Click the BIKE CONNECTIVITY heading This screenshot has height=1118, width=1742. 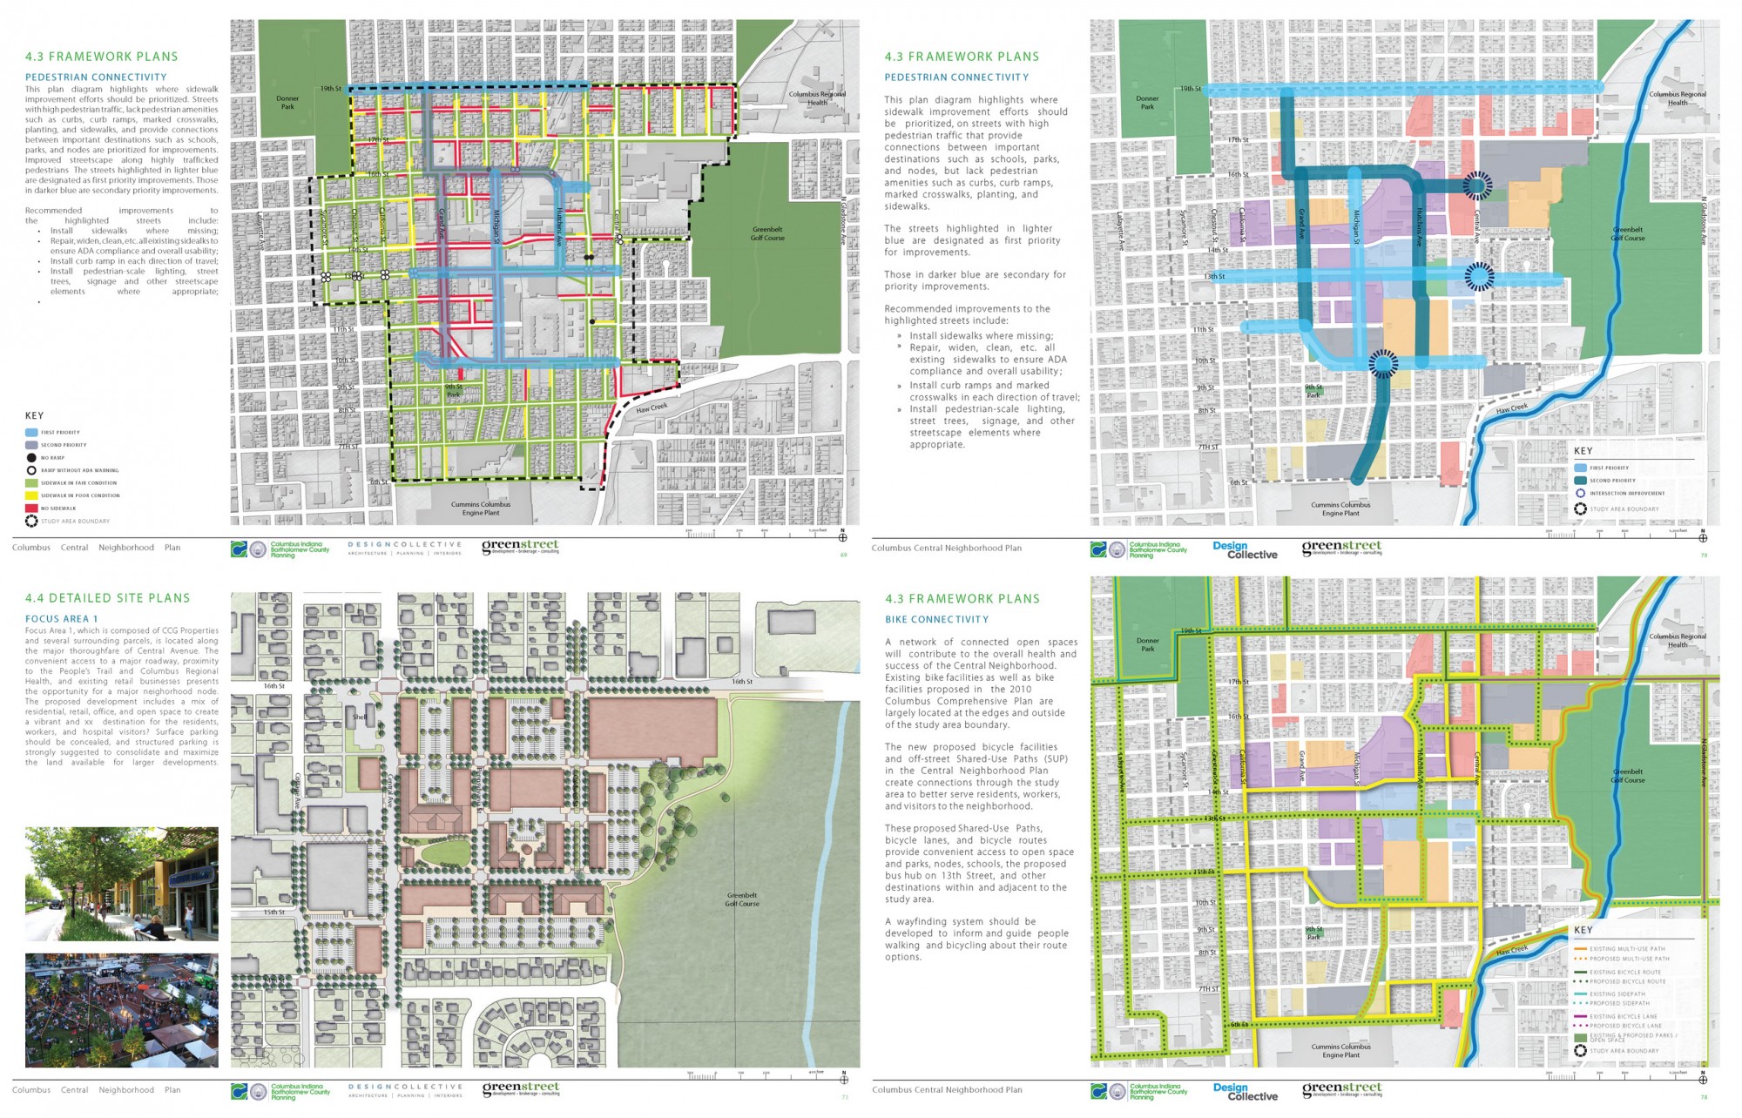pos(936,620)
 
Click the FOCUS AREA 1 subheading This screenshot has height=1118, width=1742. pos(61,619)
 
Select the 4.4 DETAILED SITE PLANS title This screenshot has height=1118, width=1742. pos(107,598)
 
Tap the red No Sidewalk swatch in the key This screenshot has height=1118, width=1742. pos(31,508)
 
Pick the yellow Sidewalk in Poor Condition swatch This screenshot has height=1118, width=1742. pos(31,495)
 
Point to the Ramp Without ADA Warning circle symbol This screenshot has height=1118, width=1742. pos(31,470)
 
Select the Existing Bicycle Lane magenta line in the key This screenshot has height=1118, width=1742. pos(1581,1016)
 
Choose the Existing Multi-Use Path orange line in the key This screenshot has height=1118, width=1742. pos(1581,949)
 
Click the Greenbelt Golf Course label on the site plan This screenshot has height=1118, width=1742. pos(742,899)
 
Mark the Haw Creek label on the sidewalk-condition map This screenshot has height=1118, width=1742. pos(652,408)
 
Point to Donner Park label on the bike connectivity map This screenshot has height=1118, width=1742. pos(1147,644)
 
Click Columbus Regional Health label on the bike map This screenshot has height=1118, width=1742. pos(1677,640)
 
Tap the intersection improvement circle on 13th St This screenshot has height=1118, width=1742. pos(1478,277)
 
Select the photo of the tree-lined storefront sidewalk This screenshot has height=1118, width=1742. pos(122,884)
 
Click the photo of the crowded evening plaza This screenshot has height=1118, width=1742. pos(122,1010)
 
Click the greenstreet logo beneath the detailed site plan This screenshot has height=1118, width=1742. pos(521,1089)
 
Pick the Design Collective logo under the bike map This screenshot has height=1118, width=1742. pos(1245,1092)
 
